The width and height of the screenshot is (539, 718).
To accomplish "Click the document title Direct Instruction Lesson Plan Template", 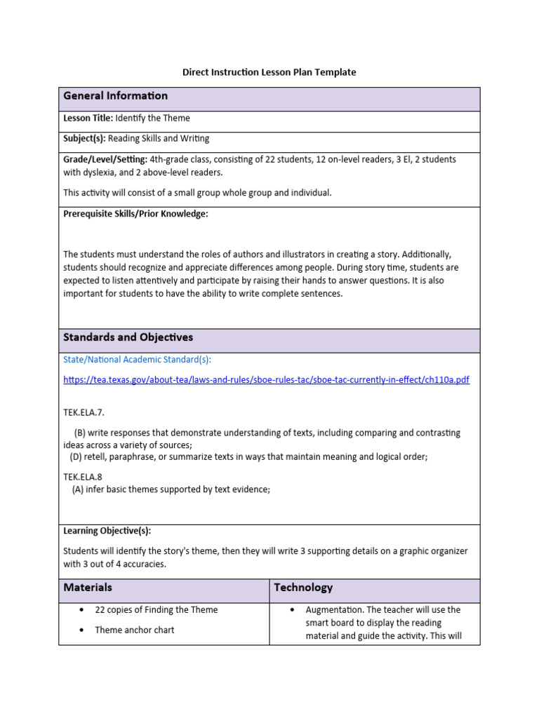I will click(269, 72).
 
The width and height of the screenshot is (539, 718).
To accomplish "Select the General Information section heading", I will click(115, 96).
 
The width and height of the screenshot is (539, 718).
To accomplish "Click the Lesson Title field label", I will click(88, 118).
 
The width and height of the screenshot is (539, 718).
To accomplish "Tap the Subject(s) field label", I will click(84, 139).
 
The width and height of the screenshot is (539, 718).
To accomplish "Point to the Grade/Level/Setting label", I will click(105, 159).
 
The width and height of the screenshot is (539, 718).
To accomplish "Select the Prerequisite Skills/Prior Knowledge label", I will click(135, 214).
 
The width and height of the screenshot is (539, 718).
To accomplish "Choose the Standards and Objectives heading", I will click(128, 337).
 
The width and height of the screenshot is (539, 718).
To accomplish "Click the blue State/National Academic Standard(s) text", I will click(137, 360).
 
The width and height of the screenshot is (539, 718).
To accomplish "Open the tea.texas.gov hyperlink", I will click(266, 380).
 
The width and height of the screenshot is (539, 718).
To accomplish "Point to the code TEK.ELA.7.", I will click(84, 413).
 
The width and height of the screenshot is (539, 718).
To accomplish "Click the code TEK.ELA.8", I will click(82, 477).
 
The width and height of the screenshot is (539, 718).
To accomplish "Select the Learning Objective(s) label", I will click(107, 531).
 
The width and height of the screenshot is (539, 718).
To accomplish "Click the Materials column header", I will click(87, 588).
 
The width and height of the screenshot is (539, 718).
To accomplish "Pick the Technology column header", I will click(303, 588).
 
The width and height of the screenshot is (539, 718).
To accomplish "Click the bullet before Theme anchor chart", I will click(83, 630).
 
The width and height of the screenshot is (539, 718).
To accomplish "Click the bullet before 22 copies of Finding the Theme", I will click(83, 610).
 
